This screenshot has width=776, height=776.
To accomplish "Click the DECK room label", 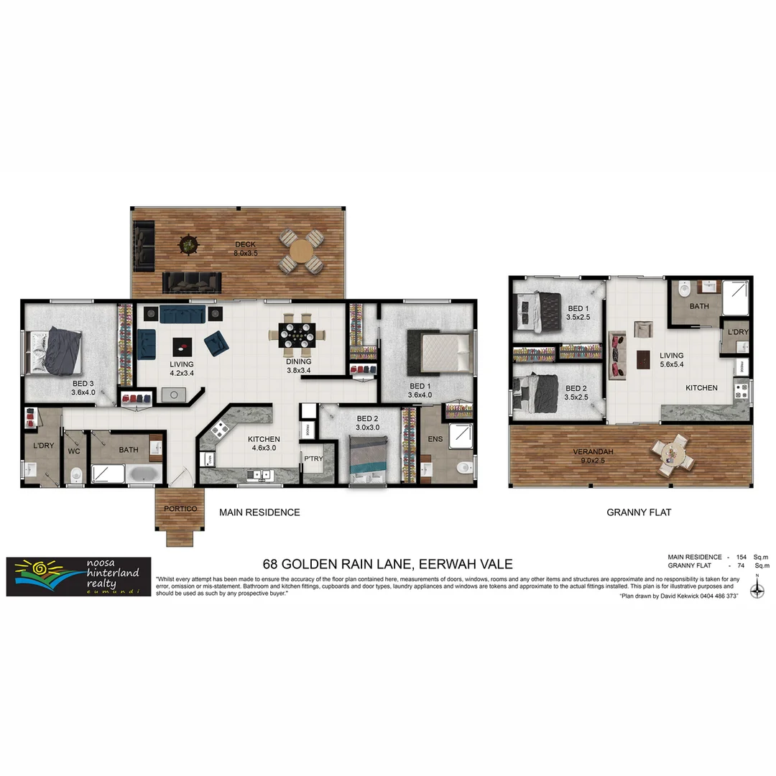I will (x=246, y=244).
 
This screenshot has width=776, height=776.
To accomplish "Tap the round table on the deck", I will (x=301, y=251).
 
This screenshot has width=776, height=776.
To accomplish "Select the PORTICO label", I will (x=180, y=509).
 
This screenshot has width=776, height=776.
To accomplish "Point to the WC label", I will (x=73, y=451).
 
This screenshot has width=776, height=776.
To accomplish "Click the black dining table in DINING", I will (x=297, y=334).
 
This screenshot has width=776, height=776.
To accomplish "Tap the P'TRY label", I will (x=313, y=459).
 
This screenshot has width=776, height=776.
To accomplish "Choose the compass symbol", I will (x=757, y=590).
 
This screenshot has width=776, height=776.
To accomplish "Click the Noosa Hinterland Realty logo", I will (x=78, y=577).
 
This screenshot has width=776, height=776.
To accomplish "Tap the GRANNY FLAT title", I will (x=639, y=512).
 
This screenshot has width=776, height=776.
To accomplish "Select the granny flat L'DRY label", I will (x=738, y=332).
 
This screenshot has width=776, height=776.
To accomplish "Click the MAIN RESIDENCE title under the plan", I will (x=259, y=512).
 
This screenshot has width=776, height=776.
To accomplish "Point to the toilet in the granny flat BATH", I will (x=683, y=290).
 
